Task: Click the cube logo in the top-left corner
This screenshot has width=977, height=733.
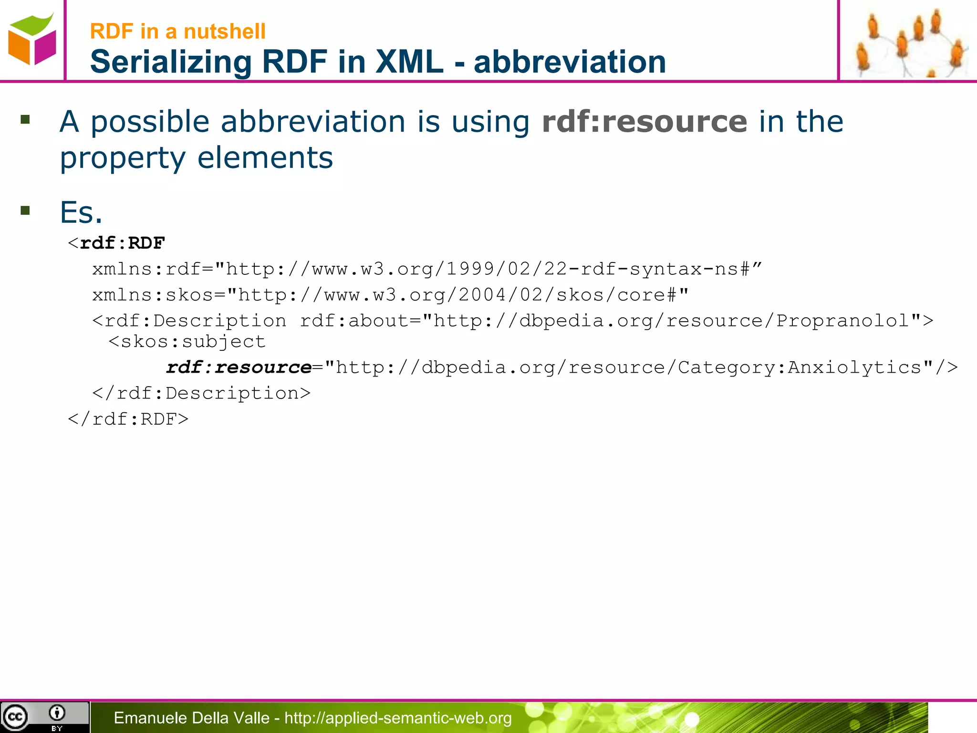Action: (x=31, y=40)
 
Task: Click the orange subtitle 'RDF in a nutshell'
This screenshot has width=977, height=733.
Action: (x=177, y=31)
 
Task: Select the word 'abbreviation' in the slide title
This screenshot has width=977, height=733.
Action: (x=570, y=62)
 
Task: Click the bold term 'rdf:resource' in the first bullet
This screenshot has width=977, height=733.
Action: (x=644, y=122)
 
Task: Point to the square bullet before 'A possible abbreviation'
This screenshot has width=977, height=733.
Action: (x=25, y=119)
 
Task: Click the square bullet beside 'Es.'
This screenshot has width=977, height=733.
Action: (x=25, y=210)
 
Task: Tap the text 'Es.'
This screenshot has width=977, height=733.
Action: (x=81, y=212)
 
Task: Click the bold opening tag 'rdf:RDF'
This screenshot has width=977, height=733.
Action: (x=122, y=243)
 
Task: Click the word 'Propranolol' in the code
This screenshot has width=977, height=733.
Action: (x=842, y=321)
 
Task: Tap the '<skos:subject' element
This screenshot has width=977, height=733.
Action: (x=187, y=342)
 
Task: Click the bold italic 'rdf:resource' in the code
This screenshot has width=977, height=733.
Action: (x=239, y=367)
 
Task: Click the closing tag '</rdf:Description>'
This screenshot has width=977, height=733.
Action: (x=201, y=393)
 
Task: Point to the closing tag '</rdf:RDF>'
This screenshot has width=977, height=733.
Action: (x=128, y=419)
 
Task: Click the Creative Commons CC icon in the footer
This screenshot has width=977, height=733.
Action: (x=15, y=717)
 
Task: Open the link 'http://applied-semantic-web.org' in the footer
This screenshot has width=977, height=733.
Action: (x=398, y=718)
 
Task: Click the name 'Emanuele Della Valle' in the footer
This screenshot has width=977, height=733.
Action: (x=191, y=718)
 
